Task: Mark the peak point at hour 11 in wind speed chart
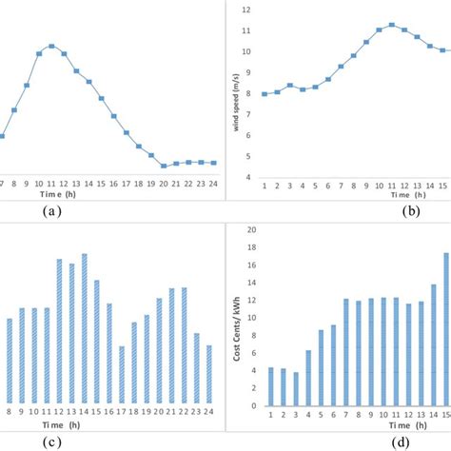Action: [391, 25]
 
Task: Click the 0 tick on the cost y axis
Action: [251, 406]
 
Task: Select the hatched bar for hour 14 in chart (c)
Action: [84, 330]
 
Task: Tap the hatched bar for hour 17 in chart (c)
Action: [122, 376]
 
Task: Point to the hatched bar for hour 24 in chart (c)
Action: [208, 375]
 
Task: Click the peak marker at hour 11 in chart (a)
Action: [51, 46]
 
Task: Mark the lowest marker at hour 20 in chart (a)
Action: [164, 166]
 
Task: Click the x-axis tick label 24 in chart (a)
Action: [213, 183]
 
